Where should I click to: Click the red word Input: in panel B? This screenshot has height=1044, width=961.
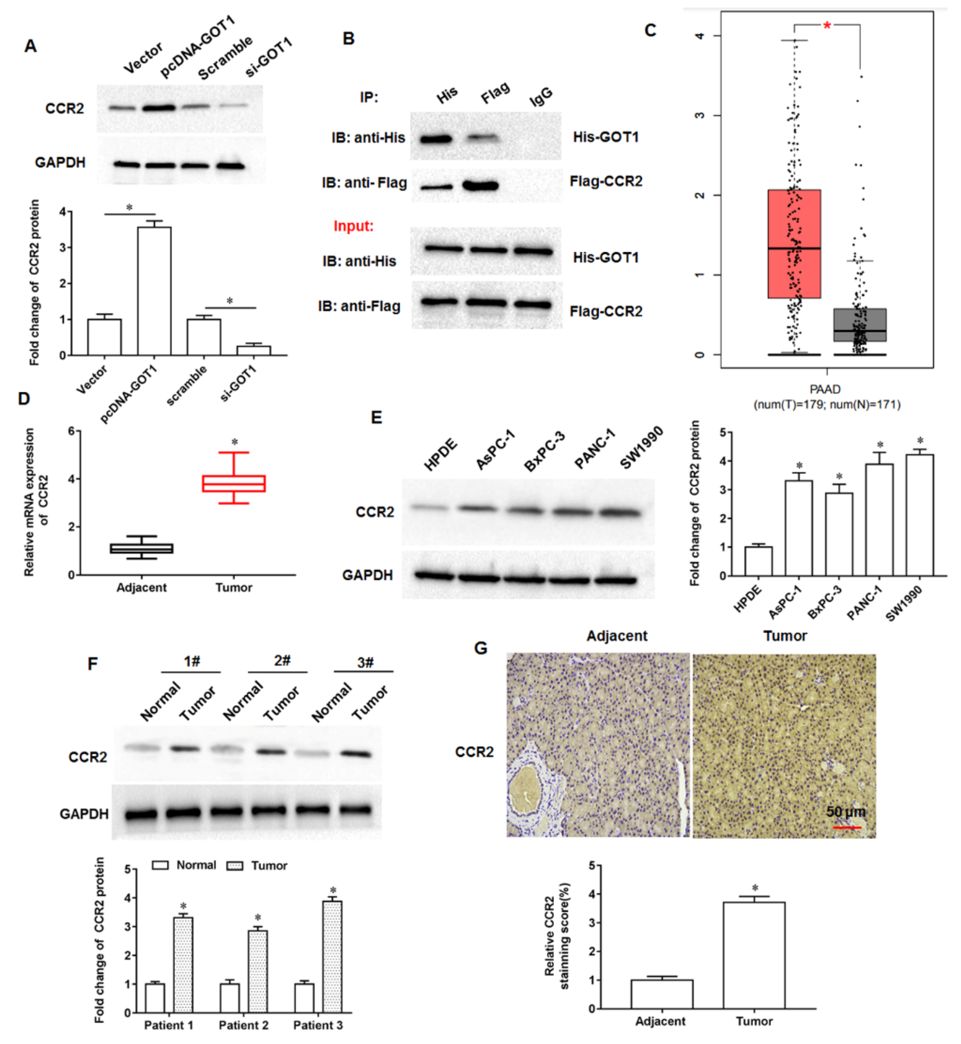pyautogui.click(x=354, y=226)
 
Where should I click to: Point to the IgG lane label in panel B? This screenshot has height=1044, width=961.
pyautogui.click(x=541, y=97)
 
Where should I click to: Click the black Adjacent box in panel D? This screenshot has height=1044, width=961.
pyautogui.click(x=141, y=549)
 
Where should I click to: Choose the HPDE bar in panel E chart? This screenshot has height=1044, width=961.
pyautogui.click(x=758, y=561)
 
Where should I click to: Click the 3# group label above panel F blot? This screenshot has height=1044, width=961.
pyautogui.click(x=365, y=662)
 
